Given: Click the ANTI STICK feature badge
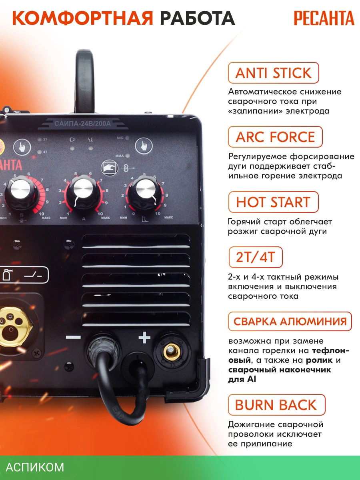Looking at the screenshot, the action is [274, 73].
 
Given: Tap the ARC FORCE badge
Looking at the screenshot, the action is [276, 137].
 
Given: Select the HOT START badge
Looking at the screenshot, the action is [274, 202].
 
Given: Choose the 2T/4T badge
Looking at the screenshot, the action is [256, 257].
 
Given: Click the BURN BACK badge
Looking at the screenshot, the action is [277, 405].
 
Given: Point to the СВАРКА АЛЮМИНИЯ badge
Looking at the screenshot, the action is [290, 322].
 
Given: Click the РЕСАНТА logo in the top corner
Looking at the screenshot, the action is [324, 18].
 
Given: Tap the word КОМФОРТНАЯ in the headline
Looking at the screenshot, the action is [82, 18].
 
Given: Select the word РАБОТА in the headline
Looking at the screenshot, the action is [197, 18].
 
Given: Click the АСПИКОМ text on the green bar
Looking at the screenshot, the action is [35, 467].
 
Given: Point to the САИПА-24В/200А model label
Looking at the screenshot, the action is [82, 124].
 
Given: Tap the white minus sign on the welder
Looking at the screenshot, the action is [73, 338].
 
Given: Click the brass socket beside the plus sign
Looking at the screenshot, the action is [172, 352].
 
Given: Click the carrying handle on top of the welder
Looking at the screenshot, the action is [85, 81].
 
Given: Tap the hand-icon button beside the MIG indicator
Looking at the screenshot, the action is [143, 146].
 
